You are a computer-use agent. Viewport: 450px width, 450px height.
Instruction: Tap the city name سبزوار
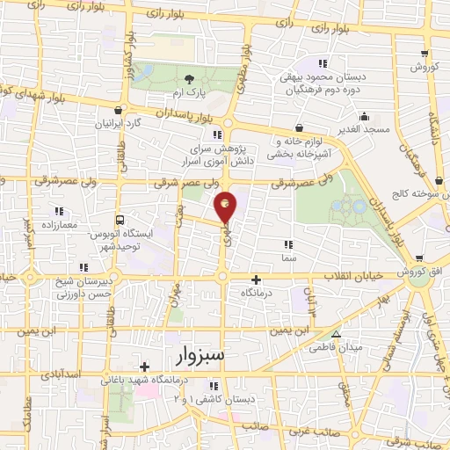[x=194, y=354]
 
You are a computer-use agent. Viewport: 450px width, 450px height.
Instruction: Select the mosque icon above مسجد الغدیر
[x=364, y=116]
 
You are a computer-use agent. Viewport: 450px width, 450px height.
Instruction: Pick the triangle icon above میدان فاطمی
[x=336, y=334]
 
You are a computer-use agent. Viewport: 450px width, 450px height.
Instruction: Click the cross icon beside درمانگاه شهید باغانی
[x=143, y=367]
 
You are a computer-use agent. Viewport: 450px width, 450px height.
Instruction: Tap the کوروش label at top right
[x=423, y=68]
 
